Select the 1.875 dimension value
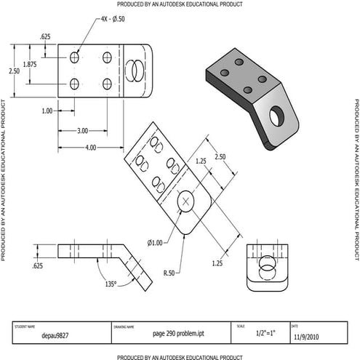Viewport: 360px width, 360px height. [31, 64]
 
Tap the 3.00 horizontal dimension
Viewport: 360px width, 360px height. [82, 131]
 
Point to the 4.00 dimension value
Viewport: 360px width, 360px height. [89, 147]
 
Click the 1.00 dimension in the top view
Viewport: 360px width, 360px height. [48, 111]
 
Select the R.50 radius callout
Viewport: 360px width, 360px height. [169, 273]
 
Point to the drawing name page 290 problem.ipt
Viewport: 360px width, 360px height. [169, 335]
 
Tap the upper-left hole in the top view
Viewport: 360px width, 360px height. [75, 57]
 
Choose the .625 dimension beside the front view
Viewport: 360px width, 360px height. [37, 267]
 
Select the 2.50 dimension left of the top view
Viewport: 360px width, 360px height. [14, 71]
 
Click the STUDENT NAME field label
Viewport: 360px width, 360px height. [25, 326]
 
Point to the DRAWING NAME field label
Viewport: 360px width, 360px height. [124, 327]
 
